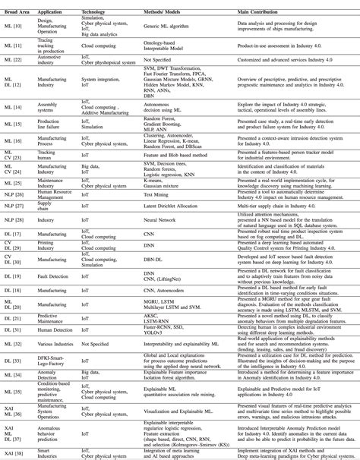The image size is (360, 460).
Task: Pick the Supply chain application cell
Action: pyautogui.click(x=46, y=206)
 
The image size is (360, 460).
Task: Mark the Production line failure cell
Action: pyautogui.click(x=52, y=124)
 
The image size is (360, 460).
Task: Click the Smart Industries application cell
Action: pyautogui.click(x=49, y=452)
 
